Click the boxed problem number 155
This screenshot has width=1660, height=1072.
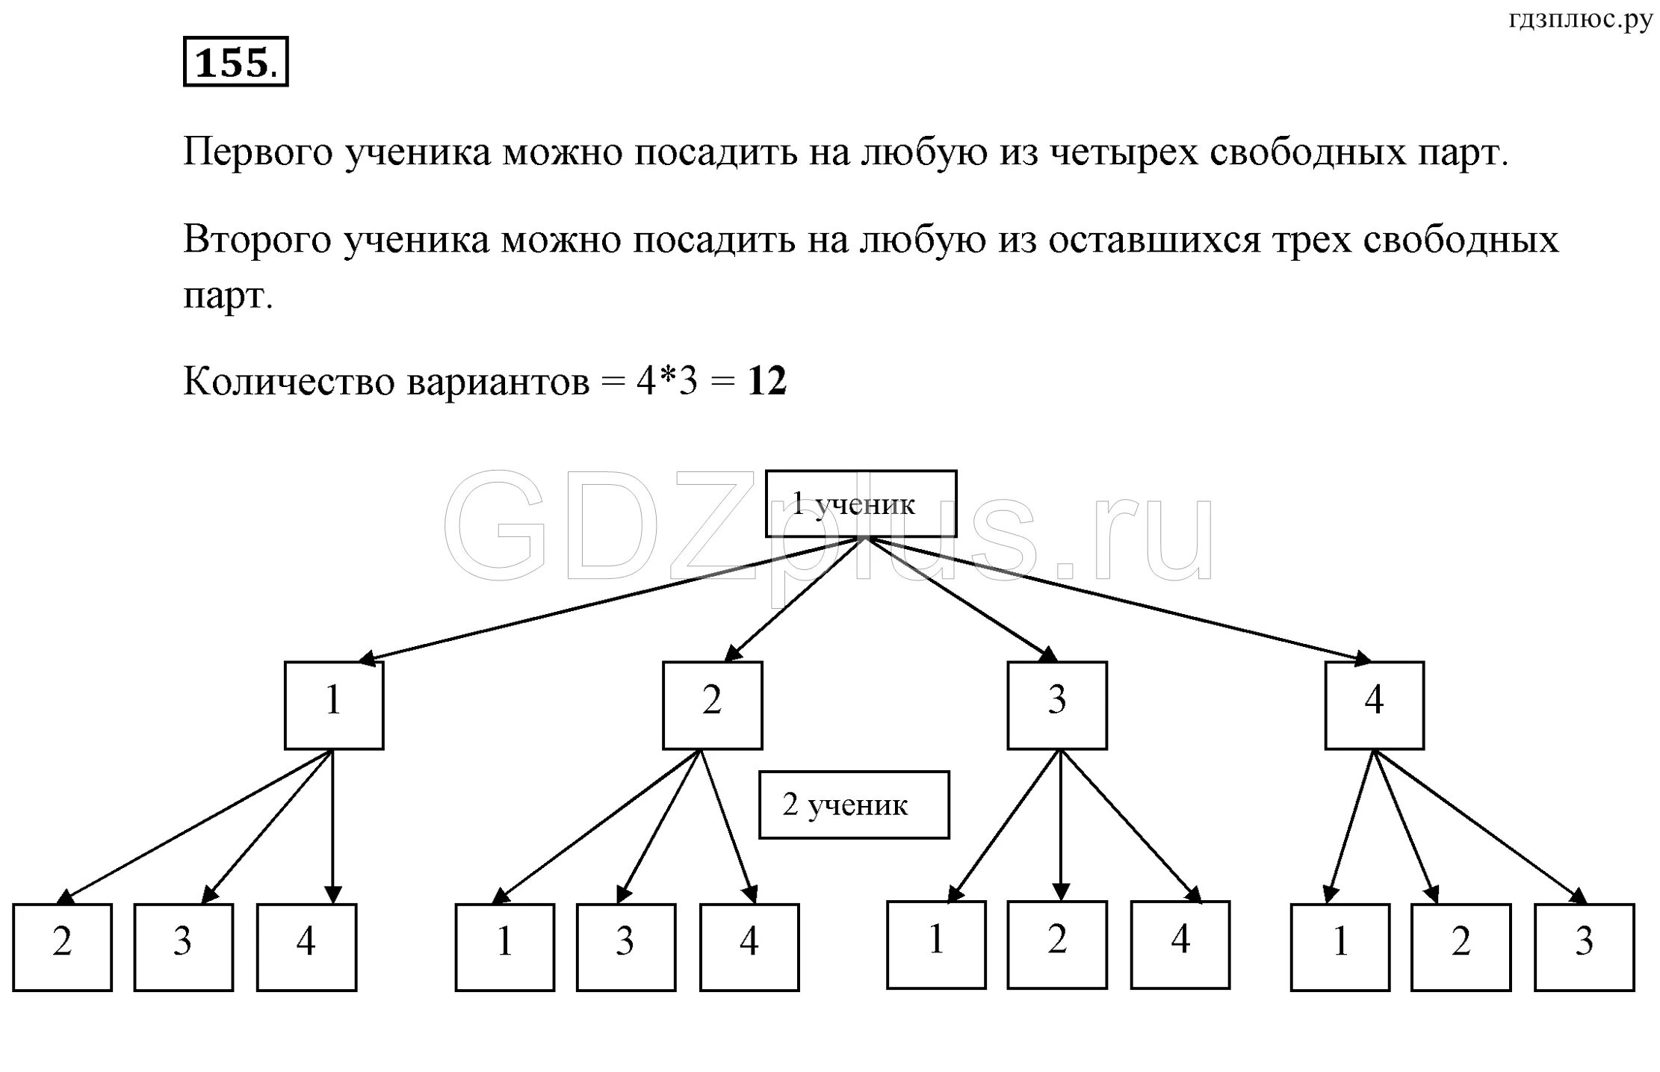[235, 62]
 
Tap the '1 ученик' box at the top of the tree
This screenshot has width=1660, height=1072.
[861, 504]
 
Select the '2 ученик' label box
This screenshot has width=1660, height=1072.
[854, 805]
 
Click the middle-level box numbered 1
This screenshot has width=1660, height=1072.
[334, 705]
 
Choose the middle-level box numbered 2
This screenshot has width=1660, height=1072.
[712, 705]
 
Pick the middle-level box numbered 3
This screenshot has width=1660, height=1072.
[1056, 705]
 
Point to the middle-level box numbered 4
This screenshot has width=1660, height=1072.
[1374, 705]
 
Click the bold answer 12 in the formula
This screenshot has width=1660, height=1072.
[767, 382]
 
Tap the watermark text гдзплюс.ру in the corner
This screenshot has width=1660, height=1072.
[1580, 20]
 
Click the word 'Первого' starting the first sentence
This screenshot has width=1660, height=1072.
[257, 153]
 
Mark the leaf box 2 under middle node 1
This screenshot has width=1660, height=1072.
[62, 947]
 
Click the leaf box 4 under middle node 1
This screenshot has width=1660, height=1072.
[306, 947]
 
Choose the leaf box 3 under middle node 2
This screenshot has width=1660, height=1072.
[625, 947]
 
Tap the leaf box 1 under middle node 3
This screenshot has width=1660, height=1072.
[936, 945]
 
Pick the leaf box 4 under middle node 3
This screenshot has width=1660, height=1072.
[1180, 945]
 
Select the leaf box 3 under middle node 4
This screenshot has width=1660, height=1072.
[1584, 947]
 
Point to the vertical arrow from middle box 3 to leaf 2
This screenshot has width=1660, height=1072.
[1061, 822]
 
